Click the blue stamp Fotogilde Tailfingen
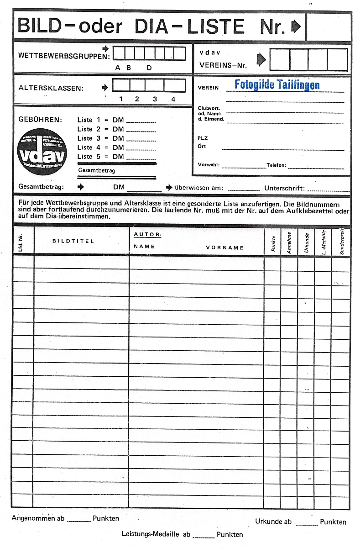click(x=277, y=84)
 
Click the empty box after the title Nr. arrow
click(x=329, y=27)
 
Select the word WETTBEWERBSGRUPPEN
click(x=64, y=56)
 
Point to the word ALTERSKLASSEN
click(x=51, y=88)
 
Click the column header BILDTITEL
click(x=73, y=241)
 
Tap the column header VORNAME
click(x=224, y=248)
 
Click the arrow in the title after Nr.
click(x=296, y=27)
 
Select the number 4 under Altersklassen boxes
click(x=173, y=99)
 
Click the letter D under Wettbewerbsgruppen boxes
click(x=149, y=68)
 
